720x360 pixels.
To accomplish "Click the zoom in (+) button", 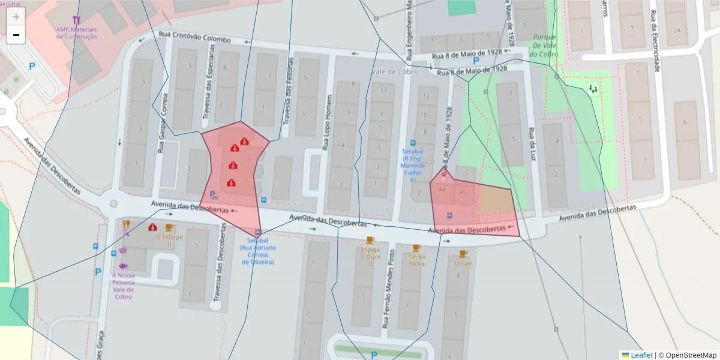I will click(x=16, y=17).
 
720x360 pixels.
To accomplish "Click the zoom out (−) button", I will click(x=16, y=35).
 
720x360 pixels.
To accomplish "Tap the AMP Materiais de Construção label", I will click(x=76, y=32).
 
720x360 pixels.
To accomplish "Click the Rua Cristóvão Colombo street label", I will click(x=195, y=37).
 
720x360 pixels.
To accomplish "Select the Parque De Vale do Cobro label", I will click(x=545, y=46).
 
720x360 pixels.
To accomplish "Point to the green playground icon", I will click(x=593, y=89).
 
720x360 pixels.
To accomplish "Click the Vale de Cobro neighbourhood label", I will click(x=394, y=71).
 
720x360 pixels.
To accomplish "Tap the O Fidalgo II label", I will click(x=169, y=241).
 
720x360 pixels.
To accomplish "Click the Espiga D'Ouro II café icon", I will click(x=370, y=240).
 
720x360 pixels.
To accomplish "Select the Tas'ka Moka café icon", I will click(x=416, y=247).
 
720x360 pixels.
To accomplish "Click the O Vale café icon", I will click(x=463, y=253).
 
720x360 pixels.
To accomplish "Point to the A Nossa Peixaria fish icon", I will click(x=123, y=266).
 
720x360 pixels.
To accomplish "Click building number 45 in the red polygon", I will click(x=462, y=193).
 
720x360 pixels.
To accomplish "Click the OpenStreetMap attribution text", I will click(x=688, y=355).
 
